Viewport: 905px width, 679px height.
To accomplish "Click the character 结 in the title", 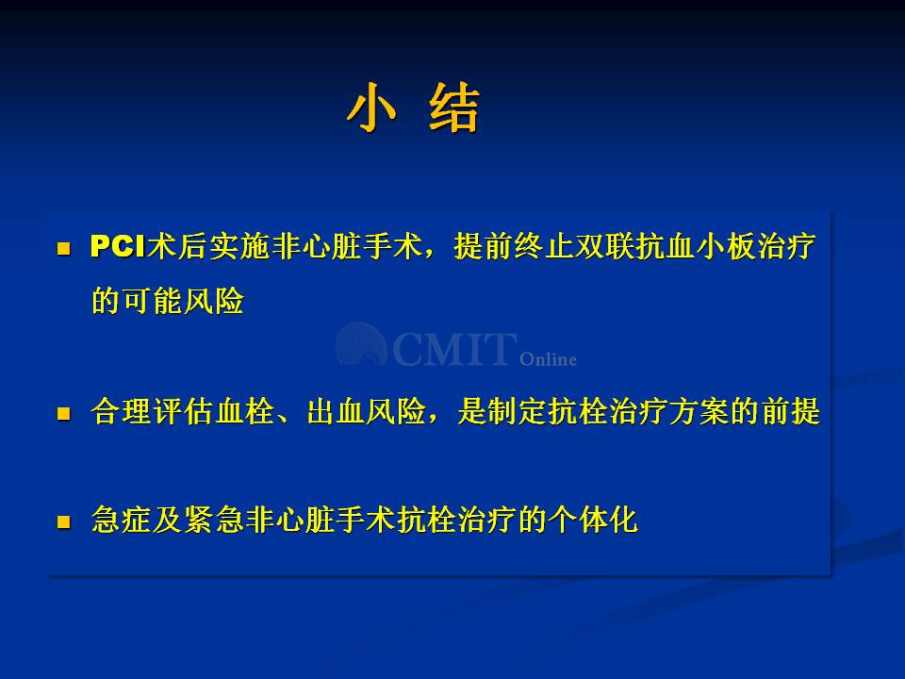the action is click(x=454, y=108).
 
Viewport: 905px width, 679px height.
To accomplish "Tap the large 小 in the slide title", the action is click(x=372, y=108).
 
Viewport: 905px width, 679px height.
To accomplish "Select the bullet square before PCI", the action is click(x=63, y=249).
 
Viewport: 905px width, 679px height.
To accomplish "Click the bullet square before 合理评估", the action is click(x=63, y=413).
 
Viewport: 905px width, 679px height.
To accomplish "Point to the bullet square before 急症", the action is click(x=63, y=522).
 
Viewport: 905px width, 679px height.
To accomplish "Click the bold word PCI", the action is click(x=118, y=246).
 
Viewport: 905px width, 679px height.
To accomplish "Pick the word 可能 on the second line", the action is click(x=153, y=301).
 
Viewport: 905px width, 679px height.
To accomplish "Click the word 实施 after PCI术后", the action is click(x=239, y=246).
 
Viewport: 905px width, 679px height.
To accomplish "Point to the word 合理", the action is click(x=122, y=412).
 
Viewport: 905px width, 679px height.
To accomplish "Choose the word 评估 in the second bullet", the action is click(x=182, y=412).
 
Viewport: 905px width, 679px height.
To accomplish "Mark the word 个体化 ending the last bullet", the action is click(x=593, y=520).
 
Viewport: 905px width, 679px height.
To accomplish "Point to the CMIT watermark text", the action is click(x=455, y=349).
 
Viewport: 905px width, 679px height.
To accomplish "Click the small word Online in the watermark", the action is click(x=548, y=359).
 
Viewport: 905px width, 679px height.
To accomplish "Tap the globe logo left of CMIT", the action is click(x=361, y=344).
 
